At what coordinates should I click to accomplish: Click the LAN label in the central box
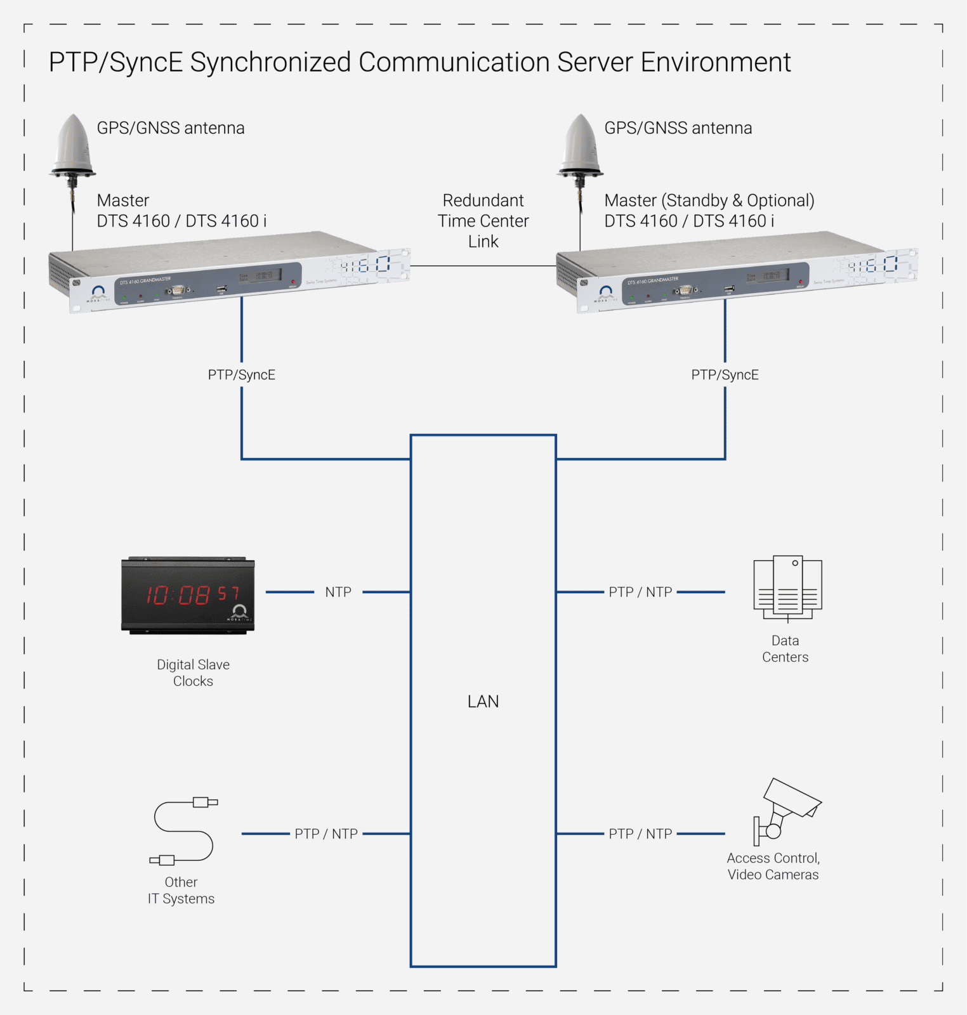click(483, 702)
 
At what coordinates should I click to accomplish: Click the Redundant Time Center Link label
click(483, 221)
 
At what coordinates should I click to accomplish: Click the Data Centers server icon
click(787, 587)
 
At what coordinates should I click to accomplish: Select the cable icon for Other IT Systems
click(184, 831)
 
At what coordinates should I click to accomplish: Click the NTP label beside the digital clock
click(338, 592)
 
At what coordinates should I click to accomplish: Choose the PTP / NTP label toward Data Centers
click(640, 592)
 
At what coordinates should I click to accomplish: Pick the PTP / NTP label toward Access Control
click(640, 834)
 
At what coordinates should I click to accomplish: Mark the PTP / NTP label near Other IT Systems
click(326, 834)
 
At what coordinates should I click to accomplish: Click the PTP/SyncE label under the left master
click(242, 375)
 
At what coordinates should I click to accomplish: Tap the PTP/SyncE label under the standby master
click(725, 375)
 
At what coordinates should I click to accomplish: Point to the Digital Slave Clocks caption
click(193, 672)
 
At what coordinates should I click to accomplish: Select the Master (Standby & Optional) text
click(709, 200)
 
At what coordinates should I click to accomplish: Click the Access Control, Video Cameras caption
click(773, 866)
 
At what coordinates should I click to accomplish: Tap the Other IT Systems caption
click(181, 890)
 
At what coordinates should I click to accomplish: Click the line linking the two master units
click(483, 266)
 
